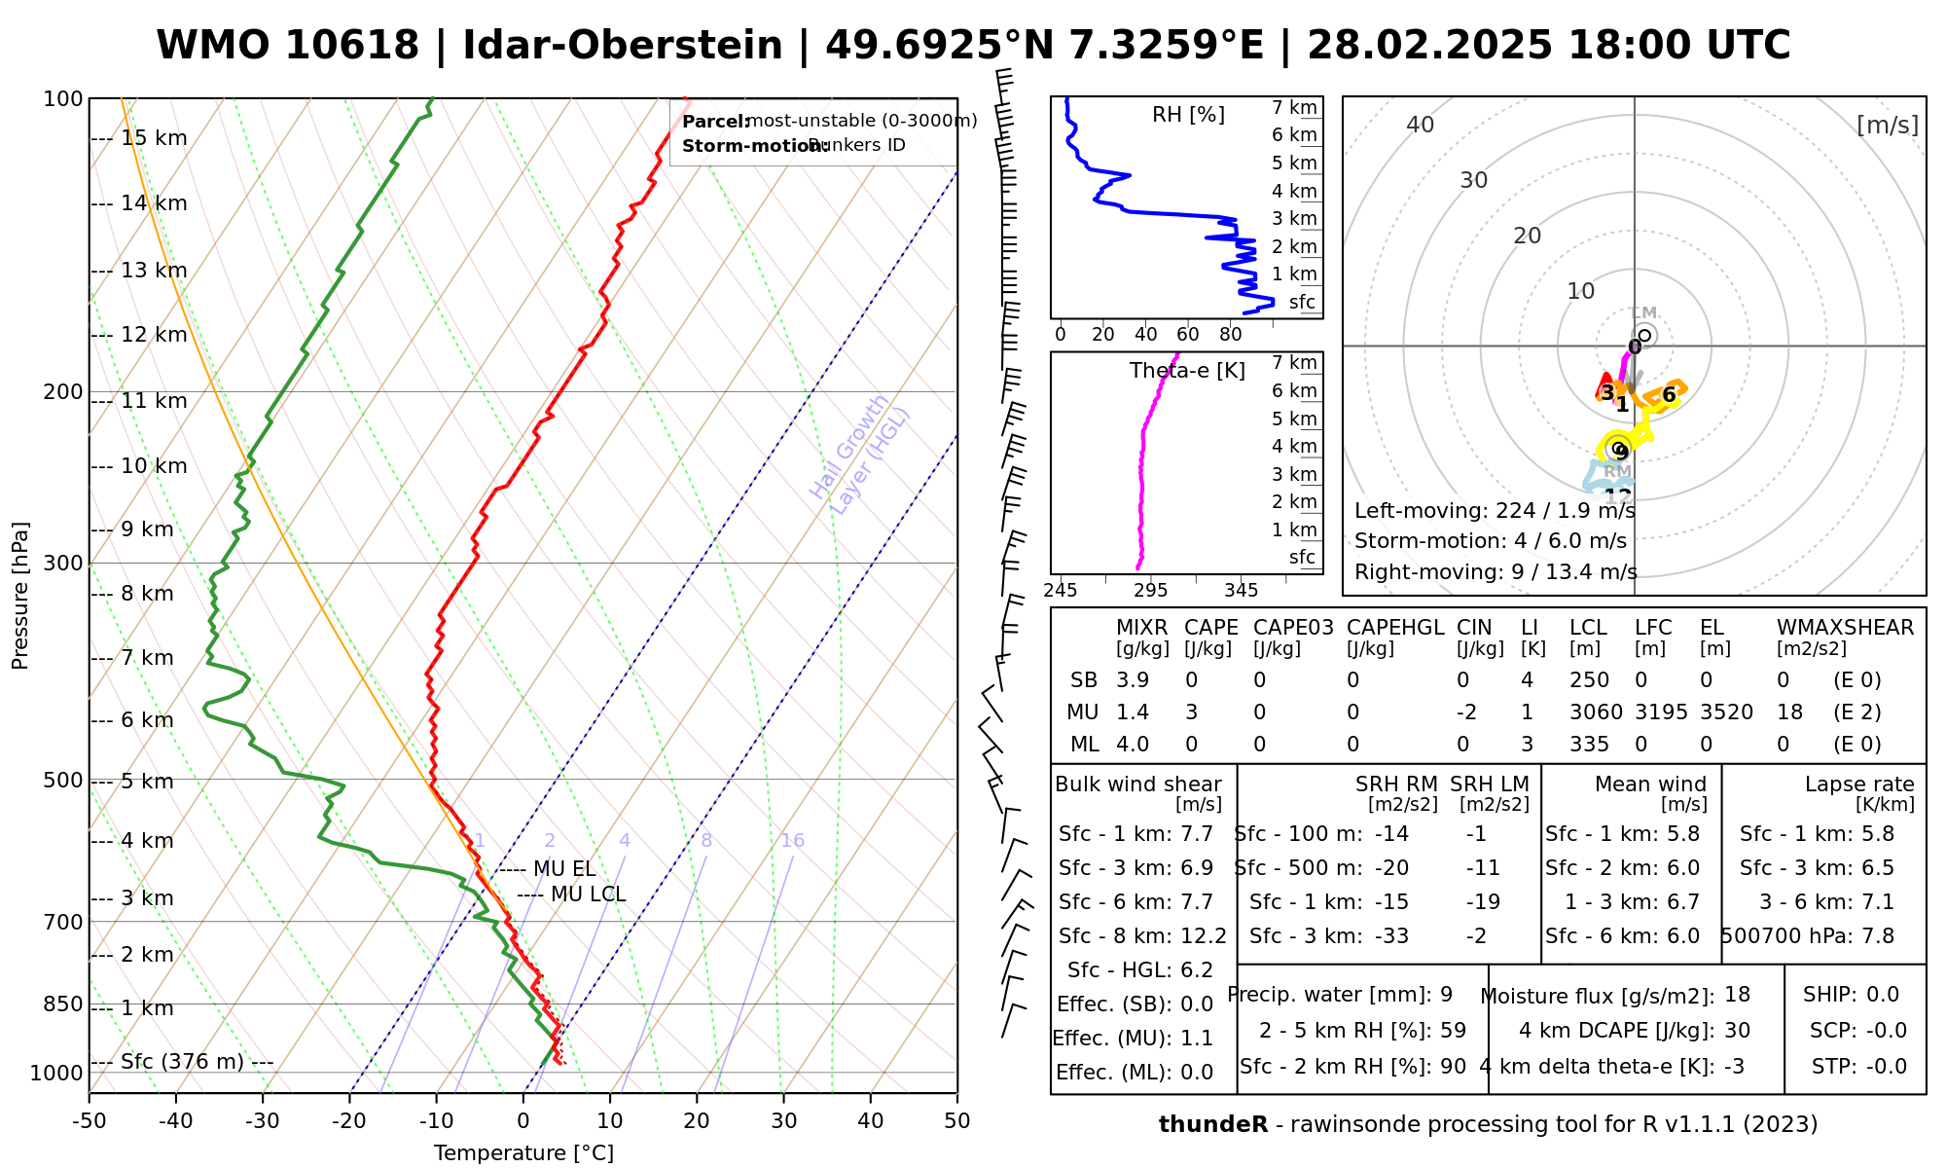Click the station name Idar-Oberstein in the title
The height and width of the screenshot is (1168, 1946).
click(x=623, y=46)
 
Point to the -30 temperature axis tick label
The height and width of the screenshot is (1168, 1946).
click(x=263, y=1121)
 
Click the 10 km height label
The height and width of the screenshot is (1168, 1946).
click(x=154, y=466)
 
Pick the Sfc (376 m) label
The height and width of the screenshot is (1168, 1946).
click(x=182, y=1061)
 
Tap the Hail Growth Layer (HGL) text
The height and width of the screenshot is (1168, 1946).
click(x=860, y=456)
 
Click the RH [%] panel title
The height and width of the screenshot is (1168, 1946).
click(x=1188, y=115)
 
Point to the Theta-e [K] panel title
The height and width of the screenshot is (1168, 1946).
click(x=1187, y=371)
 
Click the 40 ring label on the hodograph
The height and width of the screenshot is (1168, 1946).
click(x=1421, y=125)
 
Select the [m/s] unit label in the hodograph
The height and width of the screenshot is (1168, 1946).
click(x=1888, y=125)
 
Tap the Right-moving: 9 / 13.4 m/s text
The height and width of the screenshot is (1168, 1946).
click(x=1496, y=571)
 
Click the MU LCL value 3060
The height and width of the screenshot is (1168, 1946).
click(x=1596, y=712)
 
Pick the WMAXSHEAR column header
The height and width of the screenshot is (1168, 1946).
click(x=1845, y=628)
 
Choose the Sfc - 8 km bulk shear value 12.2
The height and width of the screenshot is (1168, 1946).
click(x=1204, y=936)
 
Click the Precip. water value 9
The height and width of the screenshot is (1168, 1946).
click(x=1446, y=995)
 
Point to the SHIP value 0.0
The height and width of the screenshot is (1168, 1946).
click(x=1883, y=995)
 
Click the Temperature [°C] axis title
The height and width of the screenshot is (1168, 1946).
click(x=523, y=1153)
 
